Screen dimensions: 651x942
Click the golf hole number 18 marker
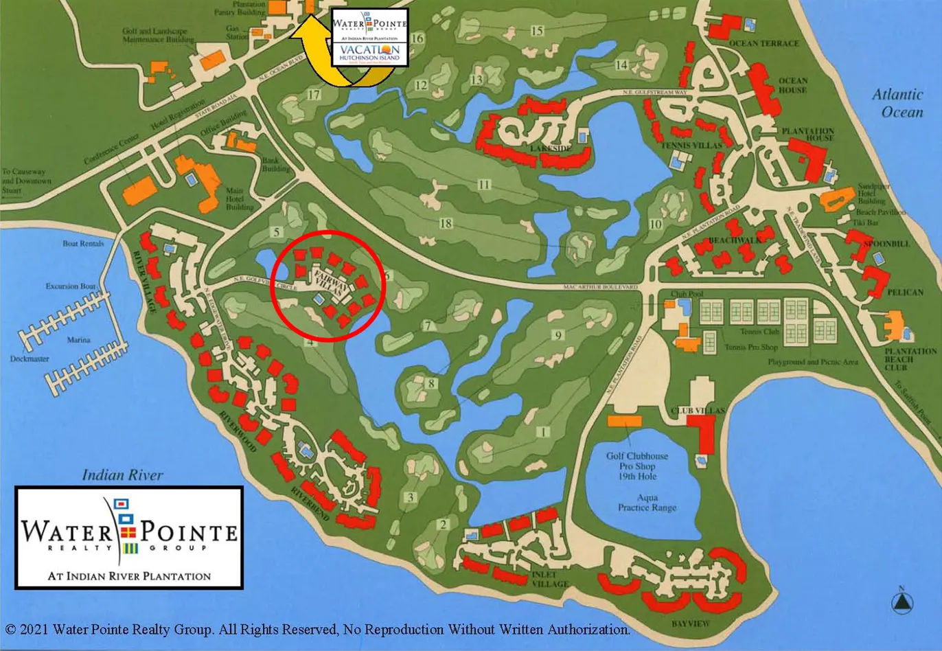tap(446, 223)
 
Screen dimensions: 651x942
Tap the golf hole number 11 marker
tap(485, 185)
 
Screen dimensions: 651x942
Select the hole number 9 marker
tap(558, 335)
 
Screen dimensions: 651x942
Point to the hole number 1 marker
tap(544, 432)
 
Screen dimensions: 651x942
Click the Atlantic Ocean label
tap(897, 103)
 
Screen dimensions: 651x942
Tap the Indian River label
tap(122, 475)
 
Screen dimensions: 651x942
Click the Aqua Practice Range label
tap(647, 502)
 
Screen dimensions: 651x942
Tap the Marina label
tap(79, 340)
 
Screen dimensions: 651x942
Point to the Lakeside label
tap(551, 148)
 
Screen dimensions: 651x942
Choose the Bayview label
tap(691, 624)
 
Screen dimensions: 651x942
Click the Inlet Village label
tap(550, 580)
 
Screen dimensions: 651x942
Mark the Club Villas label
tap(698, 411)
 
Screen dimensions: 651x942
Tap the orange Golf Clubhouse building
tap(624, 420)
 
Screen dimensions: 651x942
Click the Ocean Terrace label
tap(763, 43)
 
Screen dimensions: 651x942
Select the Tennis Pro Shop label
tap(751, 347)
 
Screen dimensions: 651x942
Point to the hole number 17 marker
tap(314, 95)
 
